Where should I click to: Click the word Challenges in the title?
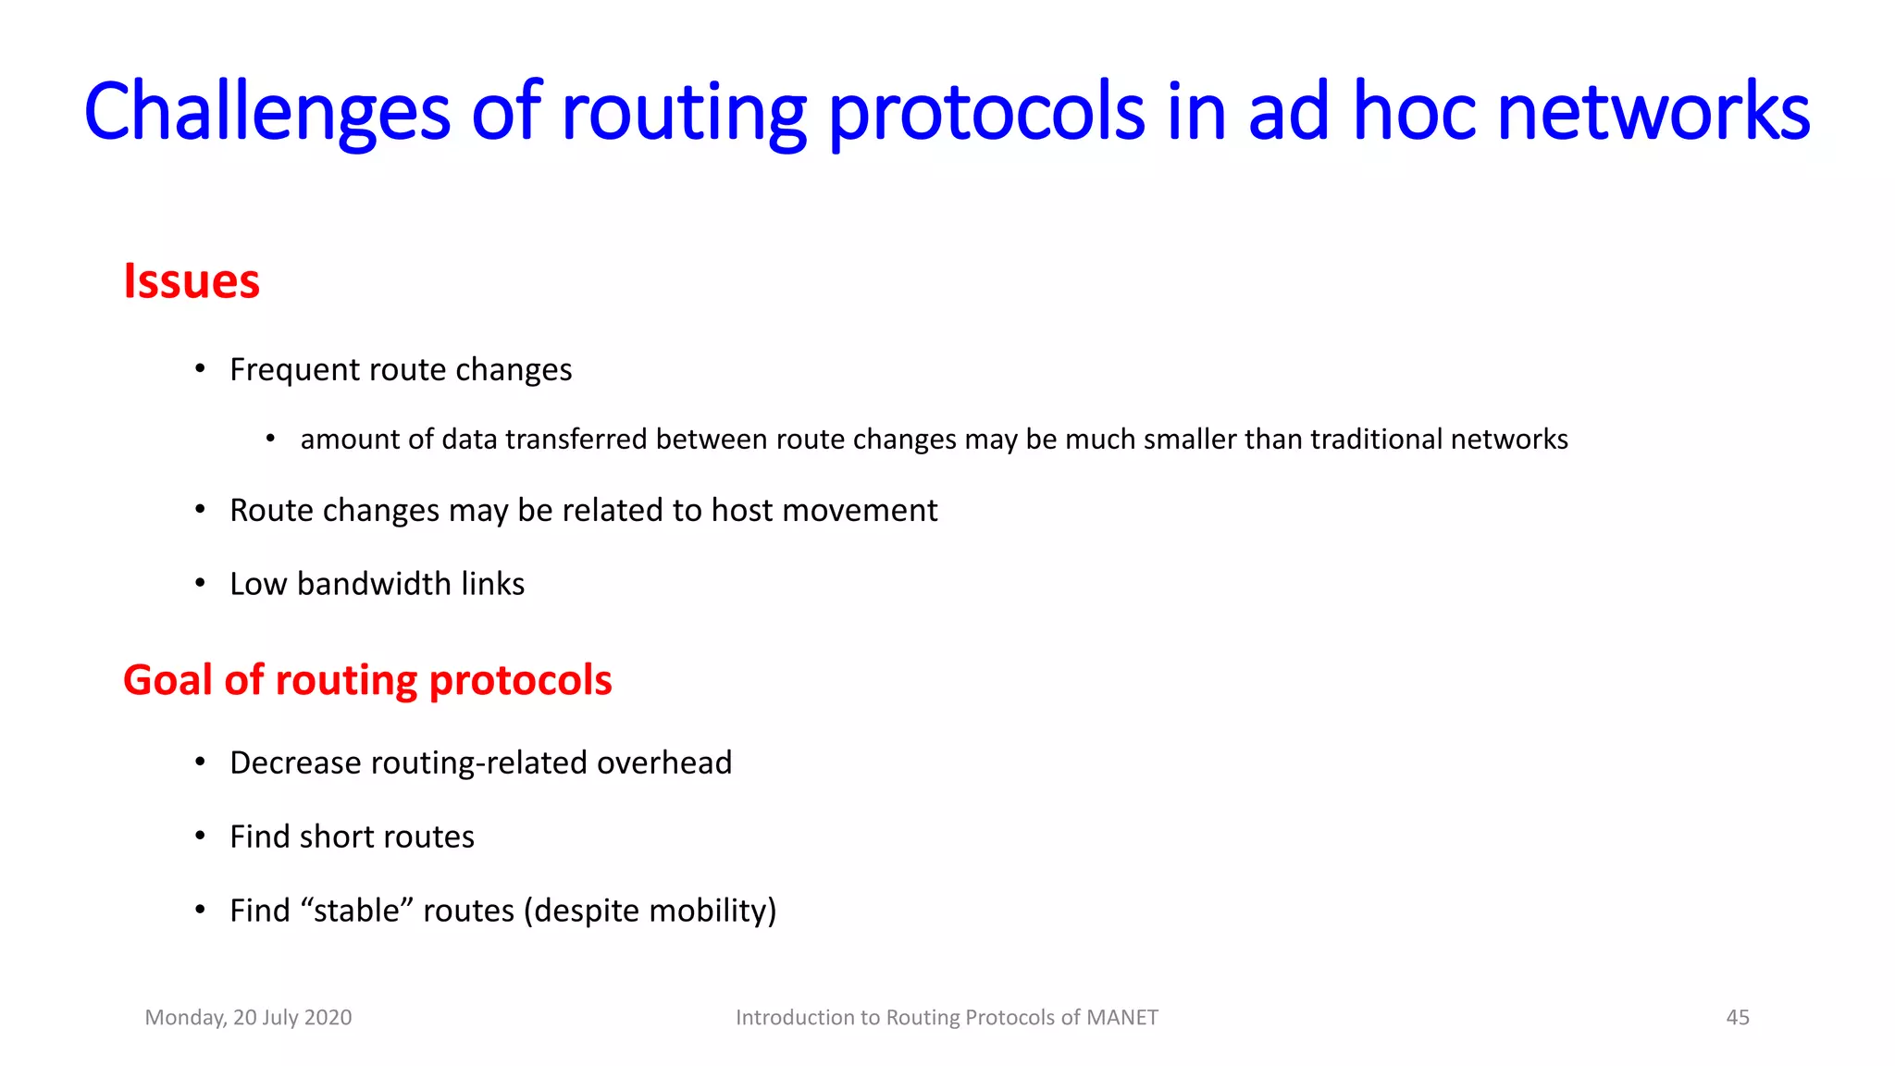tap(266, 111)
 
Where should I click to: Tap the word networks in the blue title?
tap(1653, 111)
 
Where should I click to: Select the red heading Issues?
tap(192, 281)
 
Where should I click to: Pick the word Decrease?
tap(295, 762)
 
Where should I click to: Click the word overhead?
tap(663, 762)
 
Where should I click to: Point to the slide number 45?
tap(1737, 1018)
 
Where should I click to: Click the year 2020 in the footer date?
tap(328, 1018)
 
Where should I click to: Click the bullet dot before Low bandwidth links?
tap(200, 584)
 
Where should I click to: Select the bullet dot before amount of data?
tap(270, 439)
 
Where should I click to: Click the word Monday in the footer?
tap(185, 1018)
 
